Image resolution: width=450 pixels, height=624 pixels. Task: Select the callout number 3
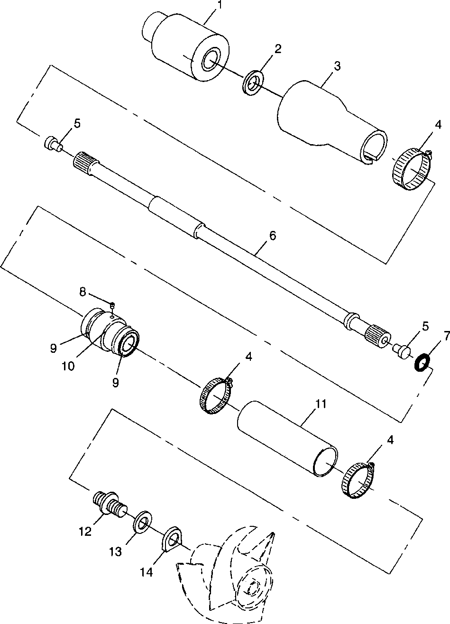(337, 66)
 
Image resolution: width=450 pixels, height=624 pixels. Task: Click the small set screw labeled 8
(113, 304)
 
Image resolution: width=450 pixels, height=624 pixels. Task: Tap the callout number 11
(321, 404)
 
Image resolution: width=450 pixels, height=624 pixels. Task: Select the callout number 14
(147, 572)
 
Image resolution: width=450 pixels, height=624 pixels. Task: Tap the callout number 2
(278, 48)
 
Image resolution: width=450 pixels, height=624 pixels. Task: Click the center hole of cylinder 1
(209, 60)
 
